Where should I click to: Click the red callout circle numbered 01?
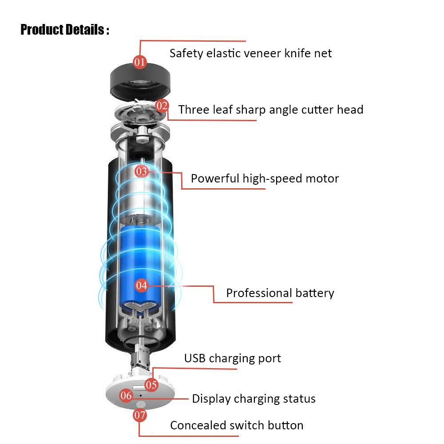(140, 61)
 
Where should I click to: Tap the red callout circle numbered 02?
(162, 106)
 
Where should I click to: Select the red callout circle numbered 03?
(141, 171)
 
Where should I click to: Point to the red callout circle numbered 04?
(141, 285)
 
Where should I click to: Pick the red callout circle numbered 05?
(151, 385)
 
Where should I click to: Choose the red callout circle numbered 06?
(126, 395)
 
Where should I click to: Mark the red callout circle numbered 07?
(139, 416)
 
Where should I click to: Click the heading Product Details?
(64, 30)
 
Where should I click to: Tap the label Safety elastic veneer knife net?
(250, 54)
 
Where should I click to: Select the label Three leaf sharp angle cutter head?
(271, 110)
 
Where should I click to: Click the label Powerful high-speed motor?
(265, 178)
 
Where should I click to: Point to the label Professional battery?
(280, 293)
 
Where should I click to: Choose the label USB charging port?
(233, 358)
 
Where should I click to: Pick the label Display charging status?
(254, 399)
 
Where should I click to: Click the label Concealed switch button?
(237, 425)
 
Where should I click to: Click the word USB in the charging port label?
(195, 358)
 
